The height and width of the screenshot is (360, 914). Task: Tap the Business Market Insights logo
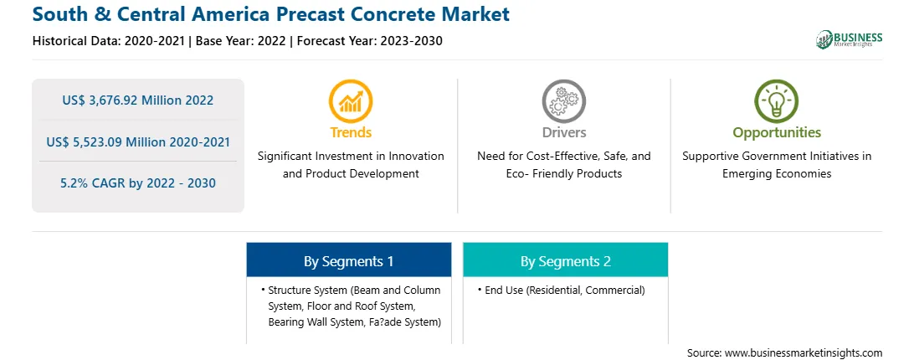pos(849,39)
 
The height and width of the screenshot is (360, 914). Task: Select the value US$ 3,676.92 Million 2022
pos(138,100)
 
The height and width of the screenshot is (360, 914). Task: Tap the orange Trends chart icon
pos(351,101)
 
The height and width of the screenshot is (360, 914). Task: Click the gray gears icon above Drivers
pos(563,101)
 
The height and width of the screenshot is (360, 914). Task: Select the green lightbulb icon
pos(777,101)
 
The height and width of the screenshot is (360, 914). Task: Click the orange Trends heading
pos(351,132)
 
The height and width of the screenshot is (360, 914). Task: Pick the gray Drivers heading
pos(563,132)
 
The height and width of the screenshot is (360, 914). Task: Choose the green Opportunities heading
pos(777,133)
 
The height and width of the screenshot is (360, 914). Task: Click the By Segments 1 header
pos(348,261)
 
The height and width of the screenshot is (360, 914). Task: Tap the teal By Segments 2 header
pos(566,261)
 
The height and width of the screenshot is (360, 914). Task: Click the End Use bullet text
pos(565,290)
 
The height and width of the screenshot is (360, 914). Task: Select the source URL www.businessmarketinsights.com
pos(804,352)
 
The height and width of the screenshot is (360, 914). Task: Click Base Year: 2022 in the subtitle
pos(241,41)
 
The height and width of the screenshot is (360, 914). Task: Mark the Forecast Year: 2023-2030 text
pos(369,41)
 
